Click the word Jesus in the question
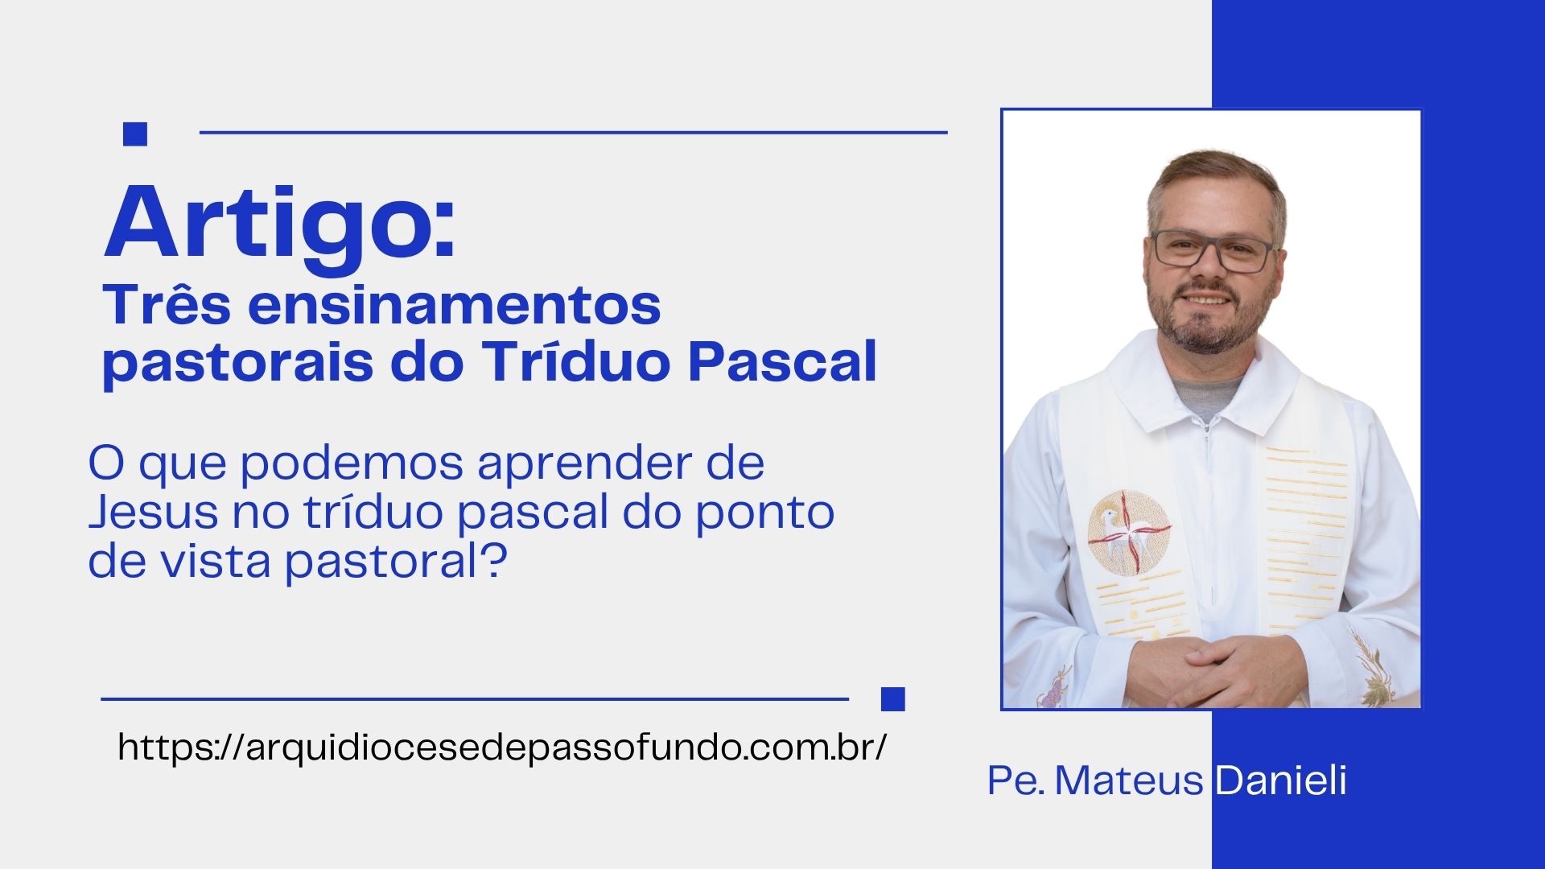153,512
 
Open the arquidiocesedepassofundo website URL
503,748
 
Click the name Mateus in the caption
1128,780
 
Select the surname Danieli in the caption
1280,780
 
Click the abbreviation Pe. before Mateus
1016,780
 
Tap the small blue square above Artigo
135,134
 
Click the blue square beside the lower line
893,699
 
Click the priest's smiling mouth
1205,299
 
